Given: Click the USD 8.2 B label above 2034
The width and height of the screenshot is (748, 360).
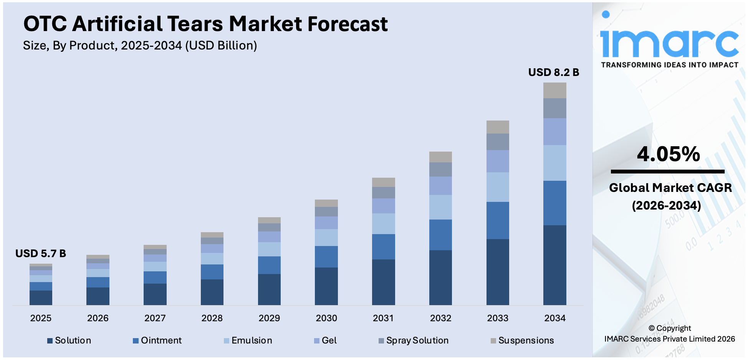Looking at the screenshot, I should tap(553, 72).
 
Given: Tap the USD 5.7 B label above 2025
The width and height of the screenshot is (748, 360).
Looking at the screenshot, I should tap(41, 253).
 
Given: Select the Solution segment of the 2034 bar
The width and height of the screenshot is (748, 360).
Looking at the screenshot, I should tap(554, 265).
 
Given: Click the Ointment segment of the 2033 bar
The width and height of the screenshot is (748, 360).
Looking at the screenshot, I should tap(498, 220).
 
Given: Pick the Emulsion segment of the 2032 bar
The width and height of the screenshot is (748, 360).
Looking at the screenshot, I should tap(440, 207).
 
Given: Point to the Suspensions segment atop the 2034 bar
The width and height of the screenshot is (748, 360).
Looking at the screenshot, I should tap(554, 90).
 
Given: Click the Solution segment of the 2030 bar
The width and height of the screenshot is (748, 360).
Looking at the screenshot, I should tap(326, 286).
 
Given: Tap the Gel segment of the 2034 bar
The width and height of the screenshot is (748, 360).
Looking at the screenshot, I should tap(554, 132).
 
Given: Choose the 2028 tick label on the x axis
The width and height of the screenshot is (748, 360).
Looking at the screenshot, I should tap(212, 318).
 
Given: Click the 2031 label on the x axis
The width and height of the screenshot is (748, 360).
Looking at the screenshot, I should tap(383, 318).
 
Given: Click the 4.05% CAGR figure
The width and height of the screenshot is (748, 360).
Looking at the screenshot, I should tap(668, 154).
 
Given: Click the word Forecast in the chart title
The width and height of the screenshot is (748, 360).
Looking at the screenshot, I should tap(348, 24).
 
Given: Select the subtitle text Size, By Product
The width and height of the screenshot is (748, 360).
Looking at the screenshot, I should tap(69, 46).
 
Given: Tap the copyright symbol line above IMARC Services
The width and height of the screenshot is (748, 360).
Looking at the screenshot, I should tap(670, 328).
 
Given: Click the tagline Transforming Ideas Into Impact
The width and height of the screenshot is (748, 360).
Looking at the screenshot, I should tap(669, 65).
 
